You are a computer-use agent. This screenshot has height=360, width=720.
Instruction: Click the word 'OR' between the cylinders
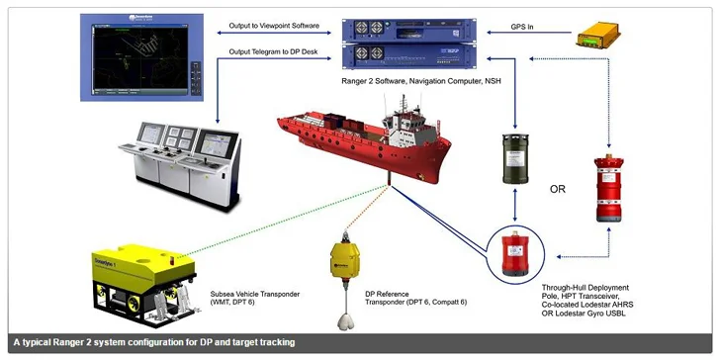coord(558,188)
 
